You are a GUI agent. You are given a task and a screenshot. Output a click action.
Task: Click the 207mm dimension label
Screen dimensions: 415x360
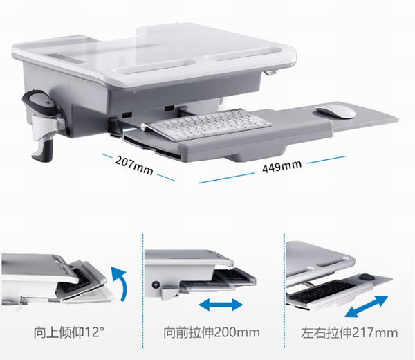(134, 165)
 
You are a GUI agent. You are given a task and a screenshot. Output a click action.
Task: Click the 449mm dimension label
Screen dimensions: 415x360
(282, 166)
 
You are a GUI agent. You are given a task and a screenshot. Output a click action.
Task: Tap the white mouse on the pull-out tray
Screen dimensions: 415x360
(336, 112)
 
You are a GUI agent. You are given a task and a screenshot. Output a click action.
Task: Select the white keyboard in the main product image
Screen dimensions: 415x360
(206, 125)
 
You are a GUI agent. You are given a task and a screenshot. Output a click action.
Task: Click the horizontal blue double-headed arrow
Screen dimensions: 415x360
(221, 305)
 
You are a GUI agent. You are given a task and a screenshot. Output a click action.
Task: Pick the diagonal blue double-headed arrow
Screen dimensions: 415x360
(367, 307)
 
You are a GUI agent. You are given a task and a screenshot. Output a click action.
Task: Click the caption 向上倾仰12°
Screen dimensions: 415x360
(68, 332)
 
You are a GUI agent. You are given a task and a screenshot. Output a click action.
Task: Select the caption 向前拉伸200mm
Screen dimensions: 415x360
(212, 332)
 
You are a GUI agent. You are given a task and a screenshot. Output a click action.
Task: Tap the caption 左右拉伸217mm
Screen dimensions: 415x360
(349, 332)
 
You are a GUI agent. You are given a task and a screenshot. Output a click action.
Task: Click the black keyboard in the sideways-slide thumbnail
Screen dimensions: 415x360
(322, 291)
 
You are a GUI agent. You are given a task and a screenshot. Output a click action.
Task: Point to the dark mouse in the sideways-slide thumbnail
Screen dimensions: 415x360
(367, 278)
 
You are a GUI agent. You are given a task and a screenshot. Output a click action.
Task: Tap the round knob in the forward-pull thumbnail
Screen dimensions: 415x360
(156, 285)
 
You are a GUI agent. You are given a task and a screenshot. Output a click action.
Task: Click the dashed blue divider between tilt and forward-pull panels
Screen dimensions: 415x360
(142, 291)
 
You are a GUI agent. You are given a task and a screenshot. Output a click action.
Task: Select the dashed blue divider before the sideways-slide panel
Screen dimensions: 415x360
(284, 291)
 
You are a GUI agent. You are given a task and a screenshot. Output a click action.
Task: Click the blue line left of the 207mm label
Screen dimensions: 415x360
(107, 156)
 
